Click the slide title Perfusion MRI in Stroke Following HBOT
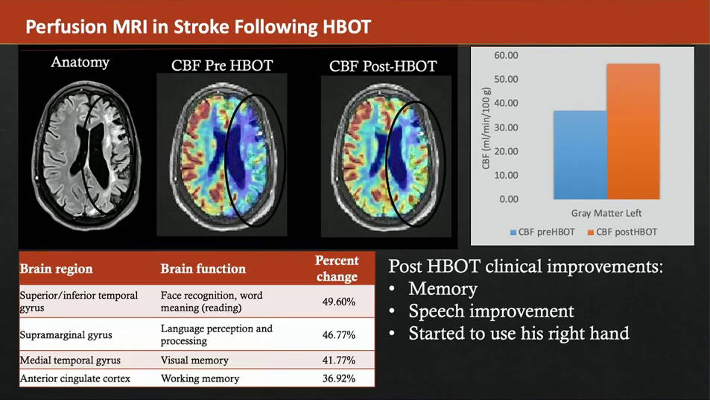[x=198, y=27]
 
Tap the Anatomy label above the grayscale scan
[x=80, y=62]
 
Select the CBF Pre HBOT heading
[x=222, y=66]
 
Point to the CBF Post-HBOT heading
[x=383, y=66]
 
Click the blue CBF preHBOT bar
[x=580, y=155]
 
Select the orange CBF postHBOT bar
[x=633, y=132]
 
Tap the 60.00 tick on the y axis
[x=506, y=55]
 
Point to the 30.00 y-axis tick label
[x=506, y=127]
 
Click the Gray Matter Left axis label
[x=606, y=213]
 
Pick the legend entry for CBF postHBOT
[x=622, y=232]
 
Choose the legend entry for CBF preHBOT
[x=542, y=232]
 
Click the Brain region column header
[x=56, y=269]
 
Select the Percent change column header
[x=337, y=268]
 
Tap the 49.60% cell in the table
[x=339, y=302]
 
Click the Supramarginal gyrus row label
[x=66, y=335]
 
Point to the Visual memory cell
[x=194, y=361]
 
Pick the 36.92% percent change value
[x=339, y=378]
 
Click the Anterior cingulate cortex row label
[x=75, y=378]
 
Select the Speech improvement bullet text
[x=491, y=311]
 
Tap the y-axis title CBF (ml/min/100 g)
[x=486, y=127]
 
